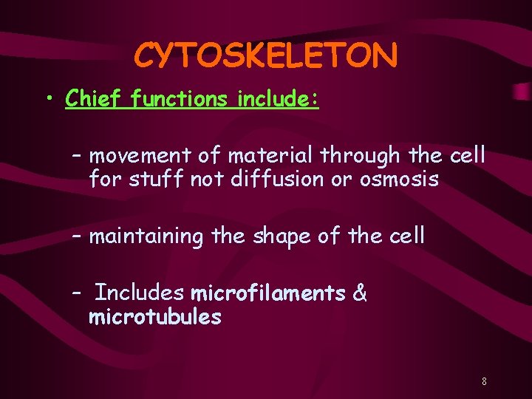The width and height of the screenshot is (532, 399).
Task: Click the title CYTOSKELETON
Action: pyautogui.click(x=266, y=55)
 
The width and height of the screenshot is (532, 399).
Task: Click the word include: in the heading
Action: pyautogui.click(x=278, y=98)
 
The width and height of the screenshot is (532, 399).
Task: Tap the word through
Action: pyautogui.click(x=359, y=156)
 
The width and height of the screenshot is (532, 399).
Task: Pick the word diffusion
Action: pyautogui.click(x=262, y=180)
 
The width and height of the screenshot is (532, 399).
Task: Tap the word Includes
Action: pyautogui.click(x=140, y=293)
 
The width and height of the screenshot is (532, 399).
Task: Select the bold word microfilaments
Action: pyautogui.click(x=268, y=293)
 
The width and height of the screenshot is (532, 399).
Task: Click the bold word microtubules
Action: pyautogui.click(x=154, y=317)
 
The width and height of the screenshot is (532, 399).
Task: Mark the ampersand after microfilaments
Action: pyautogui.click(x=360, y=293)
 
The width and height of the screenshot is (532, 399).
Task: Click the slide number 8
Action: pyautogui.click(x=484, y=382)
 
